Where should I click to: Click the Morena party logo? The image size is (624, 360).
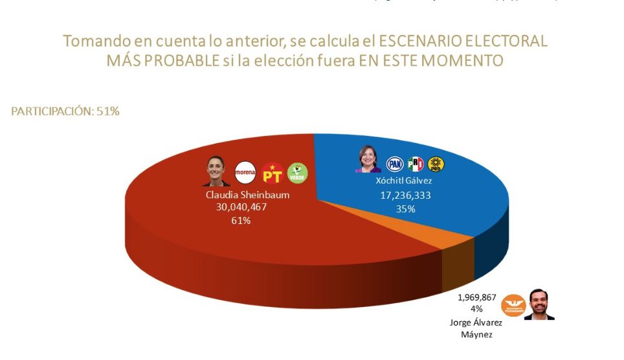(x=245, y=173)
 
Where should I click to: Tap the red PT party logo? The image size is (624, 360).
(x=272, y=173)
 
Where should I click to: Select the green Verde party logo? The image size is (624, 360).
(x=297, y=172)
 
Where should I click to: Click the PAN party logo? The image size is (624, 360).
(x=394, y=164)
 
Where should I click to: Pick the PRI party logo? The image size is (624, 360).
(x=415, y=164)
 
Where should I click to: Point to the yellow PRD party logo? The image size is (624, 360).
(x=436, y=164)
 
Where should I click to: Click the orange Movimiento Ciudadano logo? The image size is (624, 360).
(x=515, y=304)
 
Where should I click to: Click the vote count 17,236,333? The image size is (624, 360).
(x=405, y=195)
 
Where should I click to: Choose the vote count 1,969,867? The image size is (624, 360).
(x=476, y=298)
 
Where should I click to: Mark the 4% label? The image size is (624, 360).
(x=477, y=309)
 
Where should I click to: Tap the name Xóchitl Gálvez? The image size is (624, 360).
(x=404, y=181)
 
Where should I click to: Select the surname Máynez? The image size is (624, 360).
(x=476, y=334)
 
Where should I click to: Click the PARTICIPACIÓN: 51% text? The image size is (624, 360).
(x=65, y=111)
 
